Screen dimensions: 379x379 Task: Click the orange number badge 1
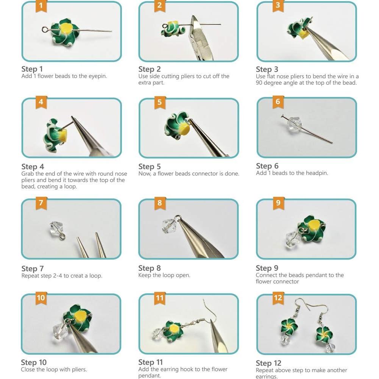pyautogui.click(x=41, y=6)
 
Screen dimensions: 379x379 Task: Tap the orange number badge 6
pyautogui.click(x=278, y=102)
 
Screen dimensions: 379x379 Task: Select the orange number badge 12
pyautogui.click(x=278, y=298)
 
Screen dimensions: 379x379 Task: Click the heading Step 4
pyautogui.click(x=33, y=167)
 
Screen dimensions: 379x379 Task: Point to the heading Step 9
pyautogui.click(x=267, y=268)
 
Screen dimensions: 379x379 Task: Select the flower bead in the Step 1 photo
pyautogui.click(x=64, y=31)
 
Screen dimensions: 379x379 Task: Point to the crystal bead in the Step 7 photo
pyautogui.click(x=56, y=228)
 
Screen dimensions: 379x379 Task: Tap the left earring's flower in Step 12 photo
pyautogui.click(x=288, y=326)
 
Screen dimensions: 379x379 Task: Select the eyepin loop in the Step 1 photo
pyautogui.click(x=45, y=29)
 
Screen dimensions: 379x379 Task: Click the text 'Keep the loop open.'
pyautogui.click(x=164, y=275)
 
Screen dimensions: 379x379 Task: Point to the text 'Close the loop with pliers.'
pyautogui.click(x=54, y=370)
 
